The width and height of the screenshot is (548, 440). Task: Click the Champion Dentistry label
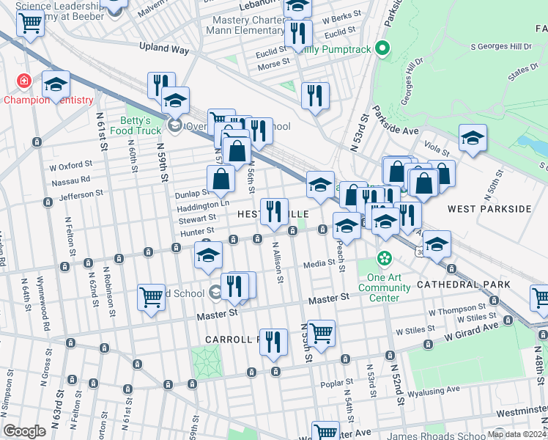click(49, 100)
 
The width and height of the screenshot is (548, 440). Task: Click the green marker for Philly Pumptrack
click(381, 50)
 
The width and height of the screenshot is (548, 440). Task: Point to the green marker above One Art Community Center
click(384, 258)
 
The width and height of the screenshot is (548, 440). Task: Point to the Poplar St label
click(336, 384)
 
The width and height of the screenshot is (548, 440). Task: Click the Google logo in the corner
click(24, 431)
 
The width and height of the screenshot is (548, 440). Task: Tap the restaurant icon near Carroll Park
click(273, 342)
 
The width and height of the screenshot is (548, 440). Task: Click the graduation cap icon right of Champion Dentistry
click(56, 85)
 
